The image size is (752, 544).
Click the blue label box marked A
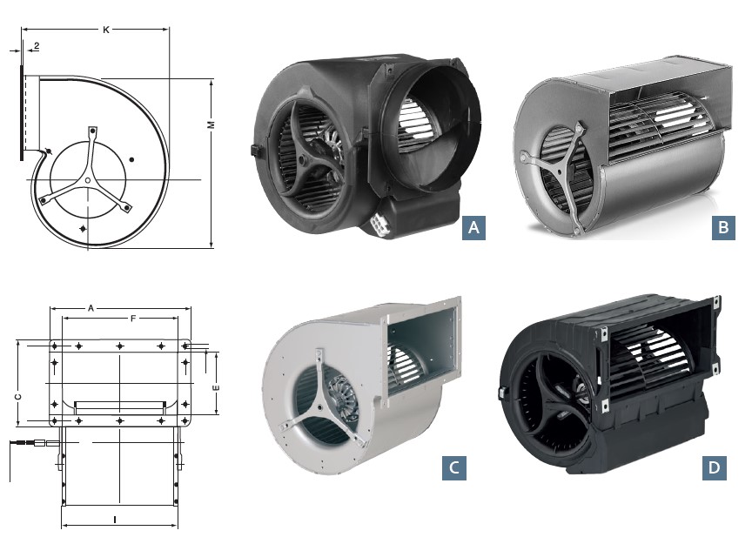tap(473, 227)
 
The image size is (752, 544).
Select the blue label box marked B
tap(722, 227)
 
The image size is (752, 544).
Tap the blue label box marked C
tap(453, 467)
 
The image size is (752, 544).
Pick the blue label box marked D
tap(714, 467)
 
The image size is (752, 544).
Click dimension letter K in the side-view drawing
tap(105, 30)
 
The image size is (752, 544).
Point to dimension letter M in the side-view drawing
tap(211, 126)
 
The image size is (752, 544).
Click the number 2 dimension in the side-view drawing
tap(36, 45)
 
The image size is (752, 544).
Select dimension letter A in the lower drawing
tap(91, 308)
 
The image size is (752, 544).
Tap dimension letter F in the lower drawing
tap(132, 319)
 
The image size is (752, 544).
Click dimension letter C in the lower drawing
tap(17, 396)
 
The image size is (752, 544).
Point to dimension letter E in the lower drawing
tap(216, 386)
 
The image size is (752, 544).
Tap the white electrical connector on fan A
tap(381, 222)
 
